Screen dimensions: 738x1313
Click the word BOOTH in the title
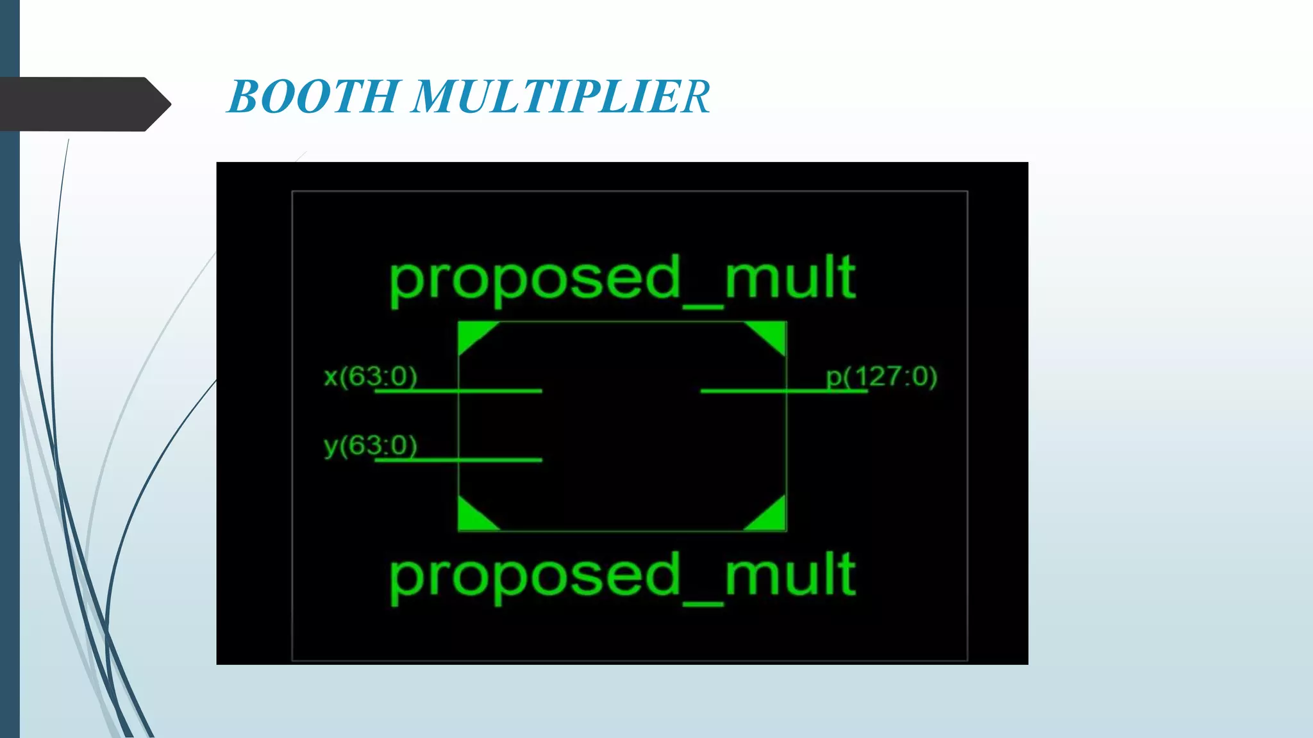[x=314, y=97]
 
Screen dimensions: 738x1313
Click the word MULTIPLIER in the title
[x=561, y=97]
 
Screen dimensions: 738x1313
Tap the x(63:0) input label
[x=371, y=376]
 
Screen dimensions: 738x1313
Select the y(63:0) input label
[x=371, y=445]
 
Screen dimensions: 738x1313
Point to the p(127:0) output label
[x=882, y=377]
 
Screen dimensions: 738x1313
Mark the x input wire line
[x=500, y=390]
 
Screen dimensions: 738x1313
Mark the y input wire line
[x=500, y=459]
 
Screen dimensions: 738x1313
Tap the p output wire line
[x=744, y=390]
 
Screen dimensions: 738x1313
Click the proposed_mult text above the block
[x=622, y=278]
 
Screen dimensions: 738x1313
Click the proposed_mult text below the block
[x=622, y=575]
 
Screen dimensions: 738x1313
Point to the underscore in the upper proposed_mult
[x=703, y=306]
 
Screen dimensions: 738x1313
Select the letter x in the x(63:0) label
[x=331, y=377]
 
